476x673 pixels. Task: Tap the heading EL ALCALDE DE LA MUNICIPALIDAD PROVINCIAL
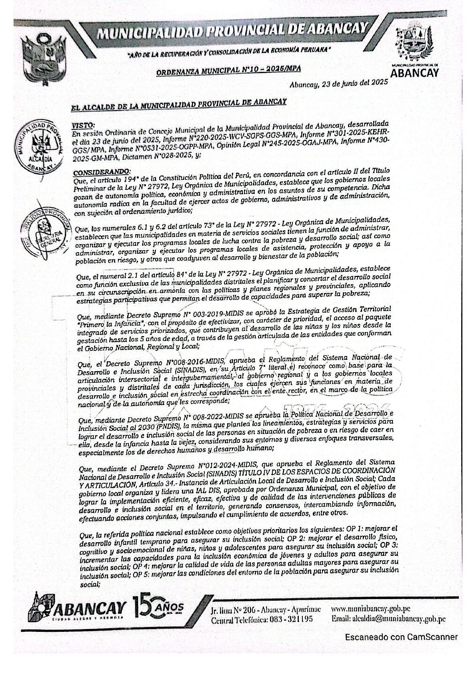pyautogui.click(x=178, y=104)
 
